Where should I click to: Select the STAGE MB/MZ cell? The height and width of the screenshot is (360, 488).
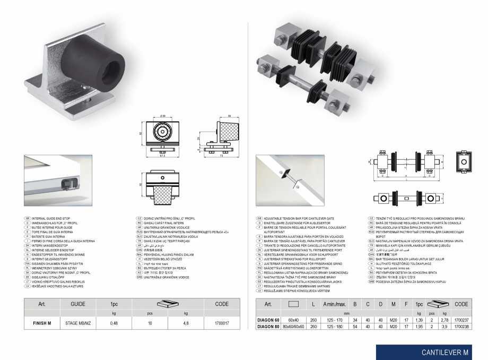pyautogui.click(x=78, y=322)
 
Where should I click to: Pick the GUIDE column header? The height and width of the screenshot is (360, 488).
pyautogui.click(x=78, y=304)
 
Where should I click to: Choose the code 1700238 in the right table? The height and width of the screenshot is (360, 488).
pyautogui.click(x=461, y=327)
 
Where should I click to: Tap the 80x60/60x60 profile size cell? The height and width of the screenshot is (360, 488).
pyautogui.click(x=293, y=327)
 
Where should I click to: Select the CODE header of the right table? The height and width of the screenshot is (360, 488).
pyautogui.click(x=461, y=304)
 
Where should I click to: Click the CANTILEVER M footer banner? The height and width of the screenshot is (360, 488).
pyautogui.click(x=445, y=352)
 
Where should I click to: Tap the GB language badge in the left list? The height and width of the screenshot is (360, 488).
pyautogui.click(x=28, y=218)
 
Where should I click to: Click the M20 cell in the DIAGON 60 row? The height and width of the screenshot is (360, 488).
pyautogui.click(x=393, y=320)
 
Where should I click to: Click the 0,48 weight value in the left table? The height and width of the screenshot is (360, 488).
pyautogui.click(x=114, y=322)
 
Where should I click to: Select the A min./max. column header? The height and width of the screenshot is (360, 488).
pyautogui.click(x=335, y=304)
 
